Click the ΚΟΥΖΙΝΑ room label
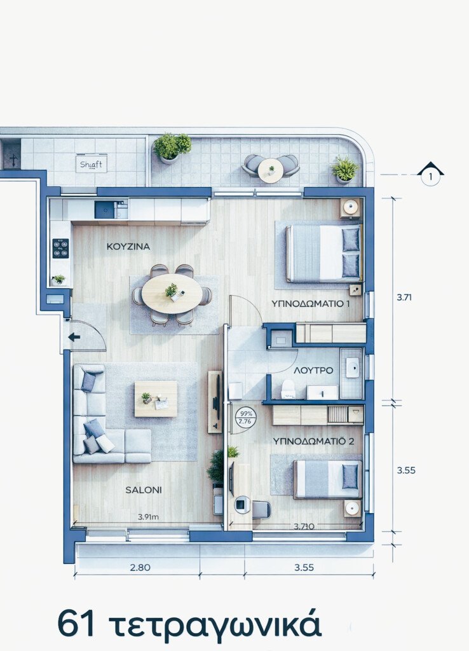coord(128,246)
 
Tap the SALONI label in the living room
coord(143,490)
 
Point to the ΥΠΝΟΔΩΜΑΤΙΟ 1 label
coord(310,303)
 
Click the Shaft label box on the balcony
coord(91,164)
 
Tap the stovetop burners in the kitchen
coord(60,248)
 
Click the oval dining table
coord(172,293)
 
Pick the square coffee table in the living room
coord(156,399)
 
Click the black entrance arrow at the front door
coord(74,337)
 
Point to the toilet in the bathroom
coord(288,388)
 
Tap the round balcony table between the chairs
coord(271,170)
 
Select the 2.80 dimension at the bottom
coord(140,568)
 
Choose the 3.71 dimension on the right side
coord(405,297)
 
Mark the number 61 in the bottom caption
coord(76,623)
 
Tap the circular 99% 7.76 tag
coord(244,416)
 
